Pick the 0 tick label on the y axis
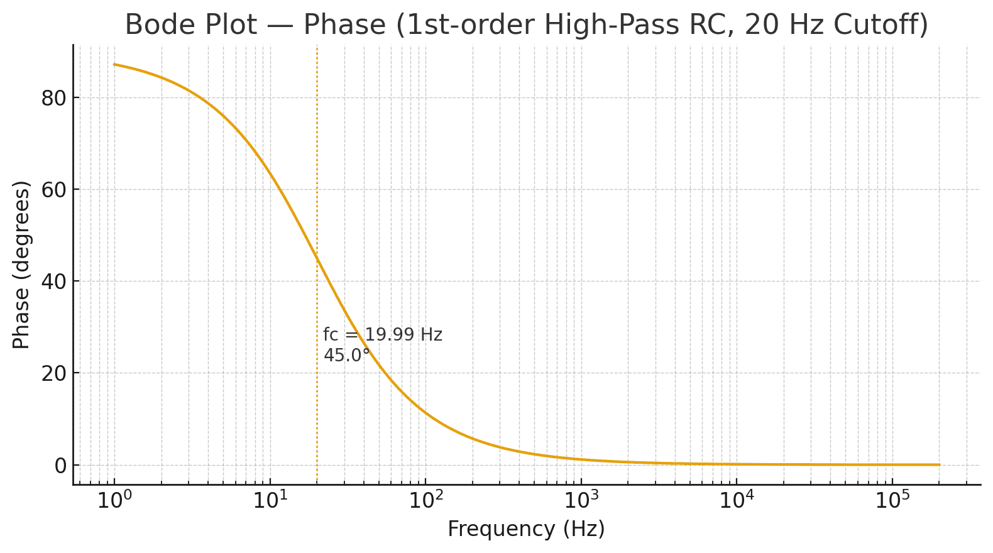(x=60, y=466)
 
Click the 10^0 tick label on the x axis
(x=114, y=501)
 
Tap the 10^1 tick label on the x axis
(x=270, y=501)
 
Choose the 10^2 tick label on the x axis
(x=425, y=501)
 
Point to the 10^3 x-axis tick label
(x=581, y=501)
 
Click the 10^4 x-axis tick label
(x=736, y=501)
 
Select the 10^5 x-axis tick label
(x=892, y=501)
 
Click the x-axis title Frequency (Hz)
(x=526, y=529)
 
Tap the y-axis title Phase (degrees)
(x=21, y=265)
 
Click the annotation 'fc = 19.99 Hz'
(x=383, y=335)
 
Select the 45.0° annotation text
(x=346, y=356)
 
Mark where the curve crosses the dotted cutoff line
(x=317, y=258)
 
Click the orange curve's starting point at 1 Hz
(x=114, y=64)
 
